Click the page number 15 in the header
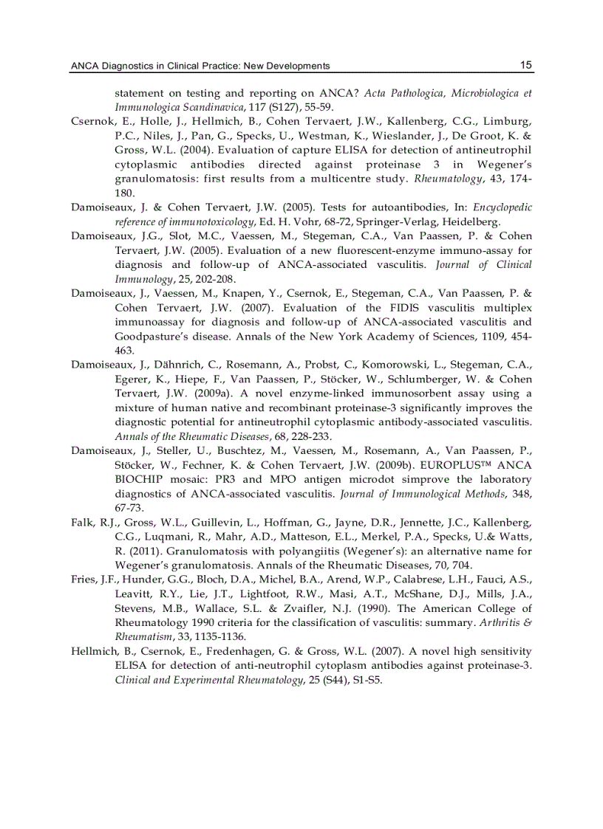pos(525,65)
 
